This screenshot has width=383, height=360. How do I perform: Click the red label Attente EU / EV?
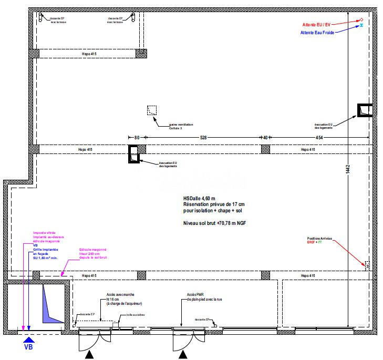tap(316, 25)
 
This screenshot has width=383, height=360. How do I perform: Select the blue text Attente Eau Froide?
tap(317, 33)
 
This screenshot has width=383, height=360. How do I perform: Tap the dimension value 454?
tap(319, 138)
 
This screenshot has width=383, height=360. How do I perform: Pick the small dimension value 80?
tap(137, 138)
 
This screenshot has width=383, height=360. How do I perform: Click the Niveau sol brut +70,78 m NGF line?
tap(214, 223)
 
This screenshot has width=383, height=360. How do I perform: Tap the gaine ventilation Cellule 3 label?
tap(181, 126)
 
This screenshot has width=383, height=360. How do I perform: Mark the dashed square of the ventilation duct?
tap(152, 110)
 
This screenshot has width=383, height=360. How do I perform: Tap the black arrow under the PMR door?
tap(183, 356)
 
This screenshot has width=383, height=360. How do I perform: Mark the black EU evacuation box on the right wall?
tap(365, 110)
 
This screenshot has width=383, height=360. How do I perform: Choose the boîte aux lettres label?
tap(136, 315)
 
